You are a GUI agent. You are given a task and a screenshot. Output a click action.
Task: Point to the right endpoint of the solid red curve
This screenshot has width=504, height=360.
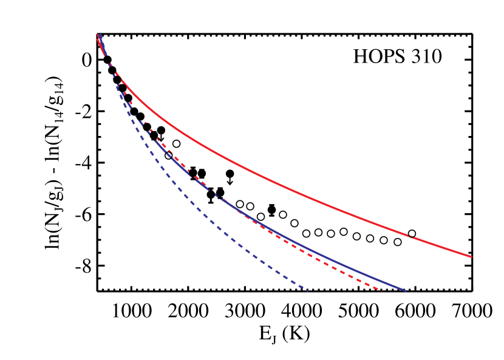471,257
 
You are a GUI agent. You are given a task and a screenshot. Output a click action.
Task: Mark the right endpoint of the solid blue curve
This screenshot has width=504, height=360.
405,291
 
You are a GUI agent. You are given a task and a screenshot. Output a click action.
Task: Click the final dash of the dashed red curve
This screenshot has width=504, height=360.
378,290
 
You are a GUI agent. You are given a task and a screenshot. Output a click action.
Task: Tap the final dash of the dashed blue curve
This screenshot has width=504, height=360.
304,289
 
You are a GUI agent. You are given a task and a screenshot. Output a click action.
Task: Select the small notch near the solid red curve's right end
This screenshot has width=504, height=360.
411,236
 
